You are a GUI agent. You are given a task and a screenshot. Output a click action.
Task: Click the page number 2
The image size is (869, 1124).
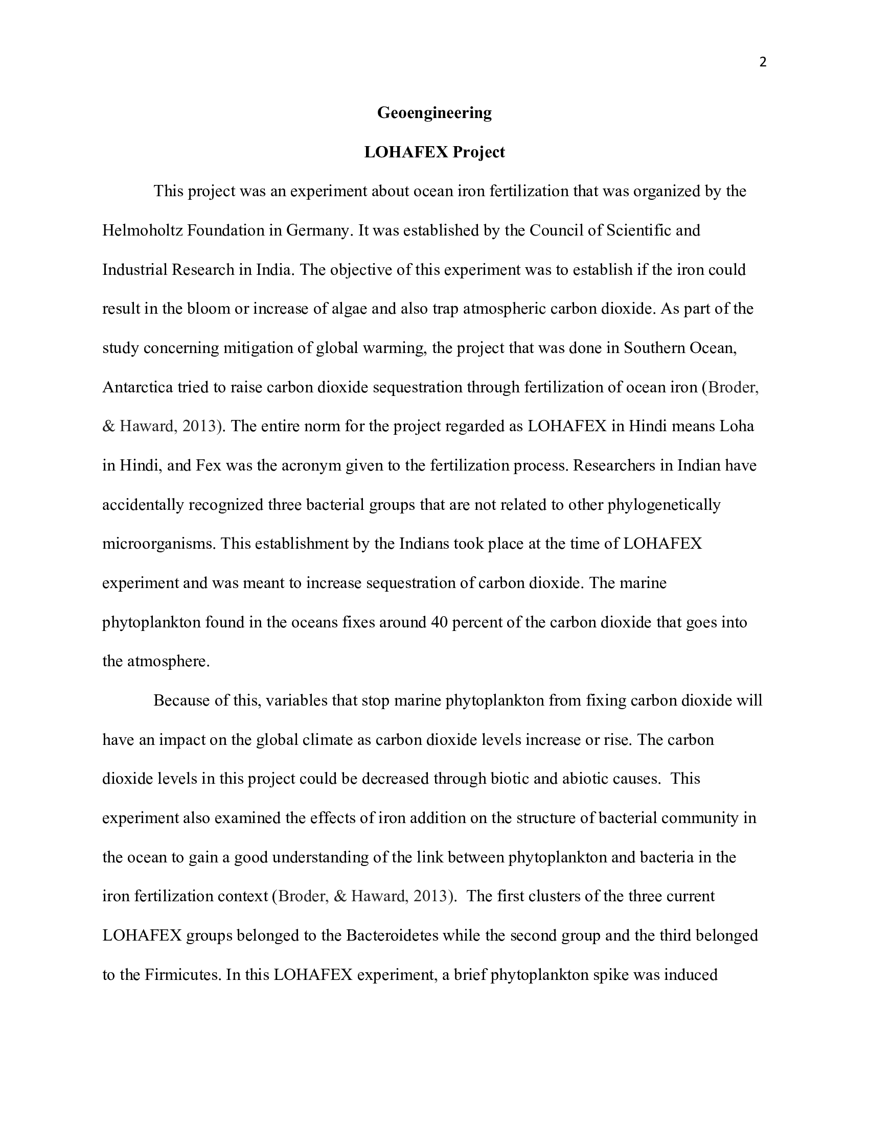[x=763, y=63]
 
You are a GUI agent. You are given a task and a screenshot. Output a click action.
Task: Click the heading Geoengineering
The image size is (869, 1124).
[x=434, y=113]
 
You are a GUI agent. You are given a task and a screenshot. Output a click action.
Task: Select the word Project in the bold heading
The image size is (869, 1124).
[x=479, y=152]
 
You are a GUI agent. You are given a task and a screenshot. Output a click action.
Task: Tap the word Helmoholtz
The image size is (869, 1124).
[x=142, y=230]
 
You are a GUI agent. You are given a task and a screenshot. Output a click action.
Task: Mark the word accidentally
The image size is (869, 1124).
[x=143, y=505]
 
